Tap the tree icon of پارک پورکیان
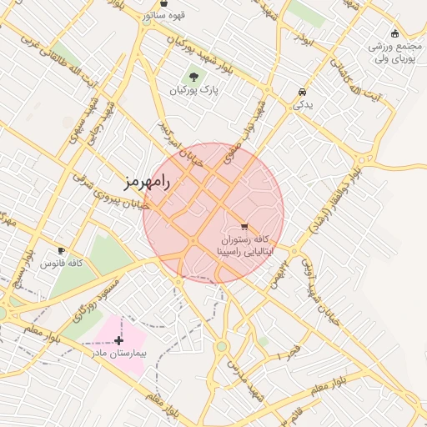click(194, 76)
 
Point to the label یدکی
click(302, 105)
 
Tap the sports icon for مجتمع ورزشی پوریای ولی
click(394, 33)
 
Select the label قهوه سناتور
click(163, 15)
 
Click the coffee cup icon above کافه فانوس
click(61, 250)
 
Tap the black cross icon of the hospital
click(119, 340)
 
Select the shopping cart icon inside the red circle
click(244, 226)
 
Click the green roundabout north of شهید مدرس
click(222, 346)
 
